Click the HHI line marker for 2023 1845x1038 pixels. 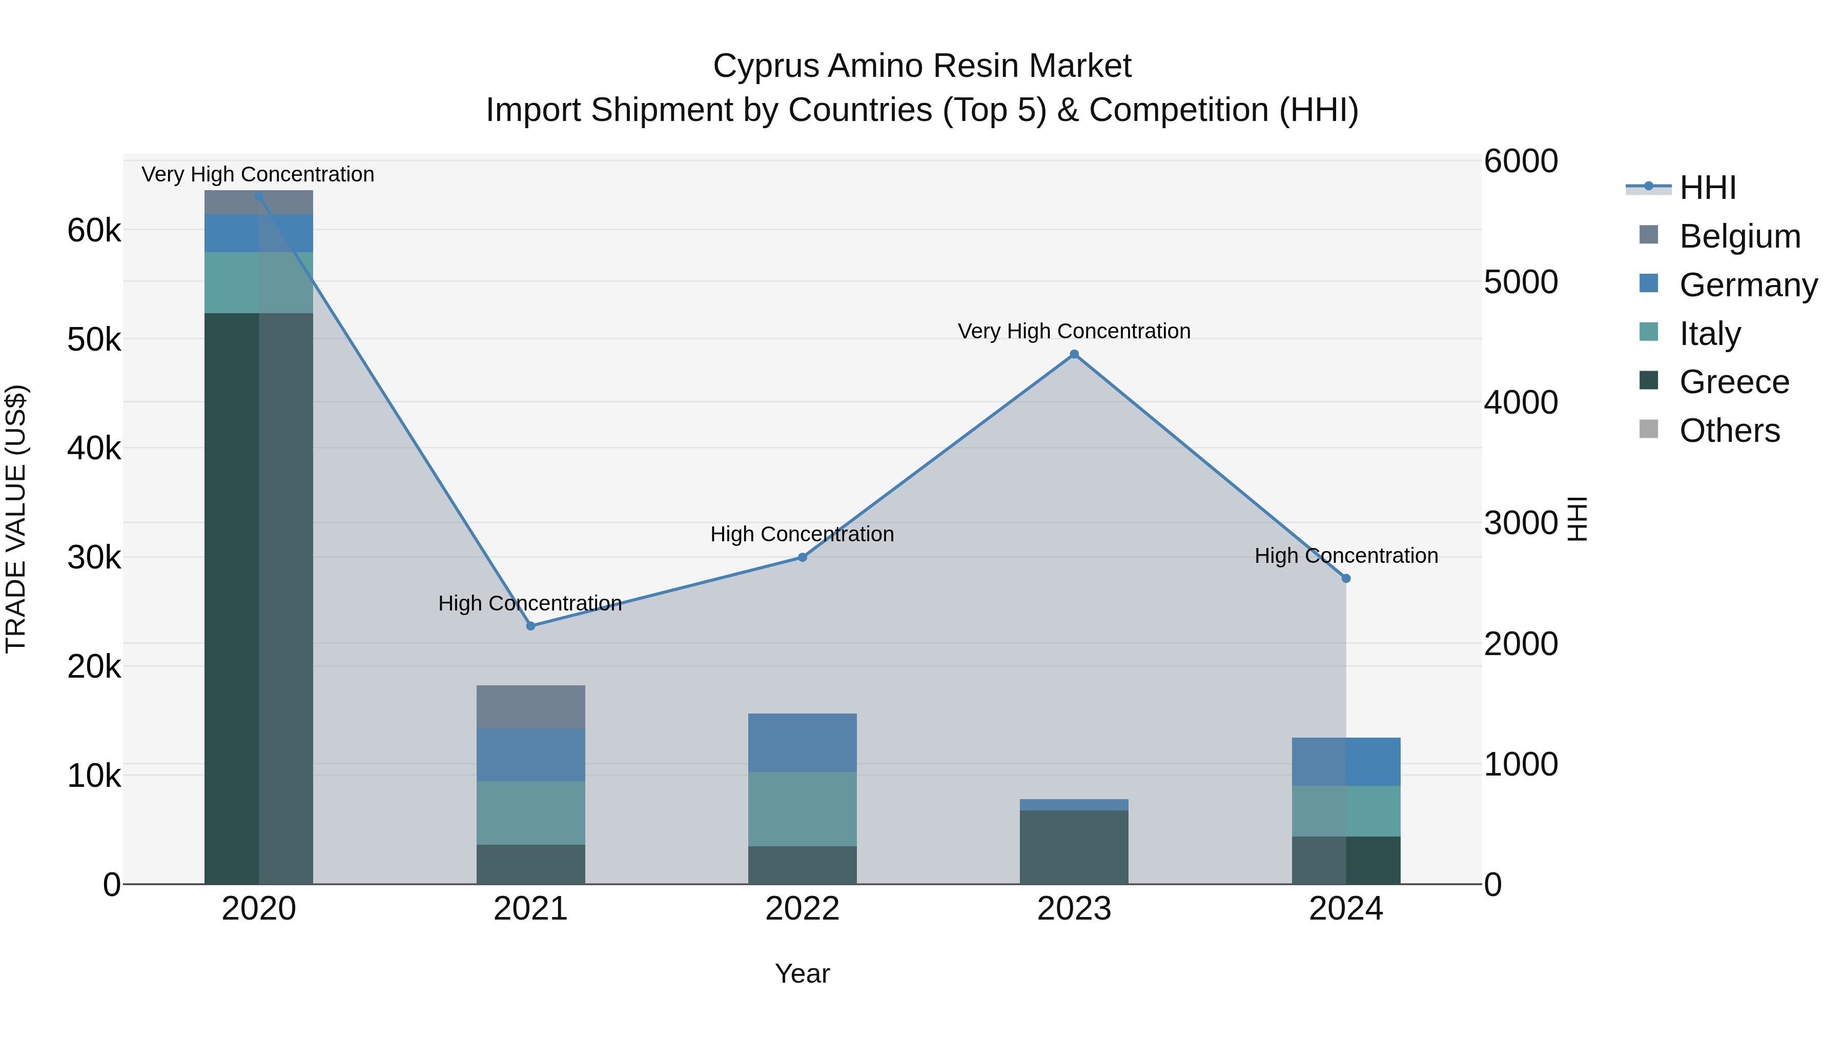click(1074, 354)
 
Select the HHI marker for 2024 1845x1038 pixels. click(1346, 578)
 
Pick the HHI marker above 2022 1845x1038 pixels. click(802, 557)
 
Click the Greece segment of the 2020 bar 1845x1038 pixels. click(259, 598)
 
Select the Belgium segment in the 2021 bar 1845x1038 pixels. click(531, 706)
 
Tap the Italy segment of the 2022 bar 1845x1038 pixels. click(802, 809)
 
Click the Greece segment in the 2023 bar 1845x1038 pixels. click(1074, 847)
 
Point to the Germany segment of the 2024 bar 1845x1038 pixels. click(1346, 762)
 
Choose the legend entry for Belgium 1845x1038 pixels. click(1739, 236)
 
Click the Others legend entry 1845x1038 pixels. click(1729, 431)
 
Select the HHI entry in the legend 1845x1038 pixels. click(1708, 188)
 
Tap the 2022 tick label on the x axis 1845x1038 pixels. click(802, 909)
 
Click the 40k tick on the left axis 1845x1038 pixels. click(94, 449)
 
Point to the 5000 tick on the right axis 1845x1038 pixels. click(1520, 282)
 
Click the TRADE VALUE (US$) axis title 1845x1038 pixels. click(16, 519)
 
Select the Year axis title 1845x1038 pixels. click(802, 973)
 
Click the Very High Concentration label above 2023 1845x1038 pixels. click(1074, 331)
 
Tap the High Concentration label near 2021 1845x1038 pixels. click(530, 603)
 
